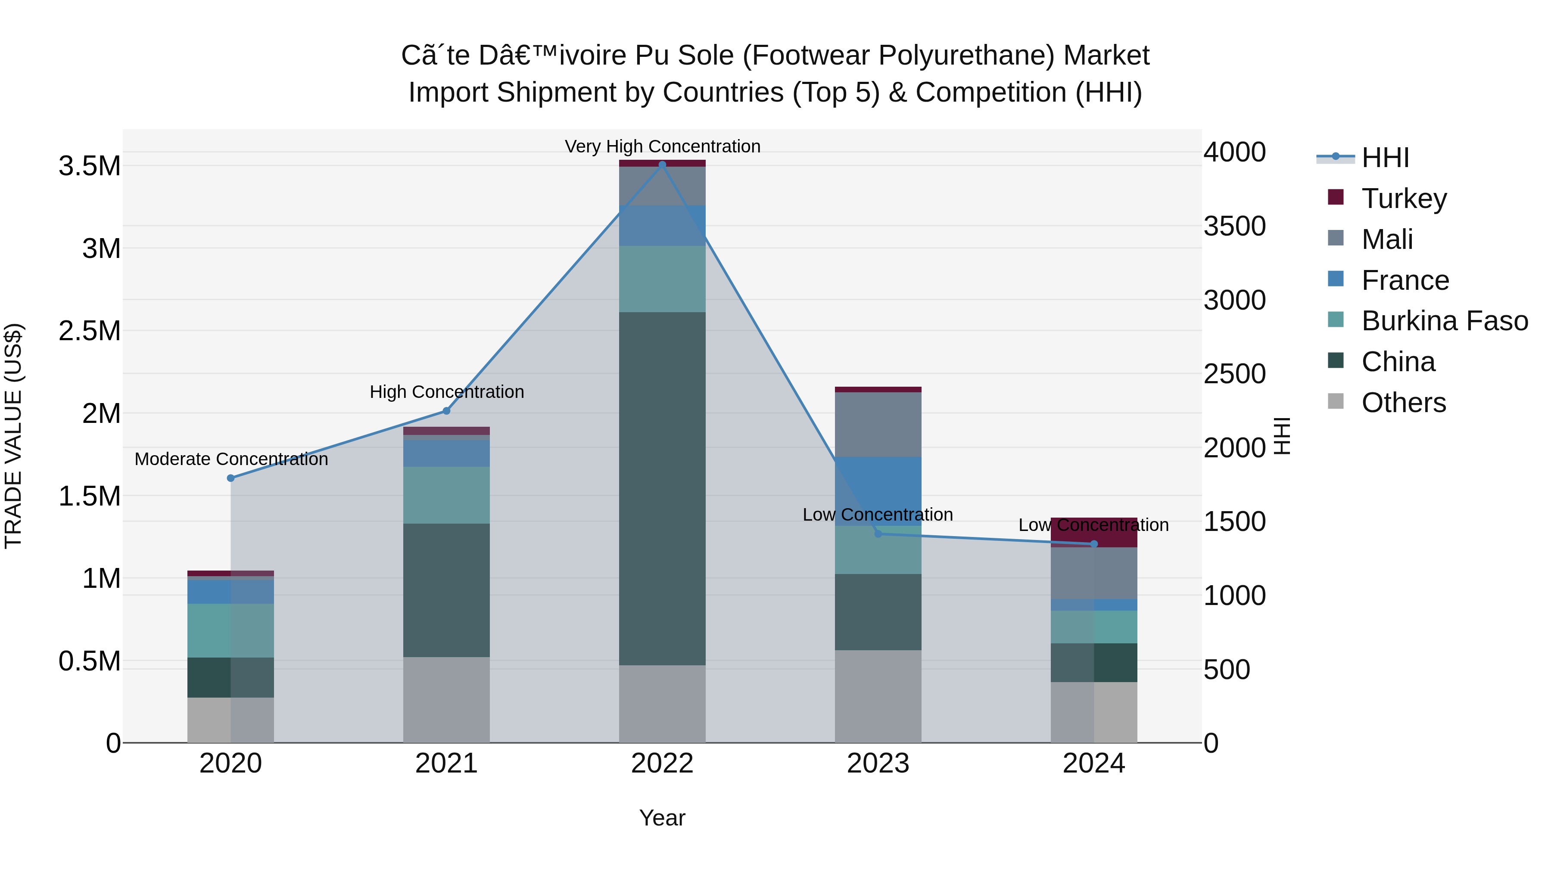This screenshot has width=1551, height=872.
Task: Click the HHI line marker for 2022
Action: point(662,164)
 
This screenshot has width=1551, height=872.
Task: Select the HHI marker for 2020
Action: point(230,478)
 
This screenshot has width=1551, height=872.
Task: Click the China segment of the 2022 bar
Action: point(662,488)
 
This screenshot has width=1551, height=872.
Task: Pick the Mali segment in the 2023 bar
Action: point(878,424)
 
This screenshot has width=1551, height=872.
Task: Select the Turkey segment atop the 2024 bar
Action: point(1094,532)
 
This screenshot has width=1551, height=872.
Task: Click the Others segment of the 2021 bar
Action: point(446,699)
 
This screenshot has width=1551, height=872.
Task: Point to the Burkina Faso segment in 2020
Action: point(230,630)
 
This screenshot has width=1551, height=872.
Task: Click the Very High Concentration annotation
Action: point(662,146)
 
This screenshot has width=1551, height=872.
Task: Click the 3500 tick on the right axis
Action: point(1234,226)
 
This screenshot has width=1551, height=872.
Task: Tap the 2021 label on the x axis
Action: point(446,763)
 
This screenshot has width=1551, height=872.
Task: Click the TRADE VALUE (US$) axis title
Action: point(13,436)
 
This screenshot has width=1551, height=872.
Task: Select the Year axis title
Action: point(662,818)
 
